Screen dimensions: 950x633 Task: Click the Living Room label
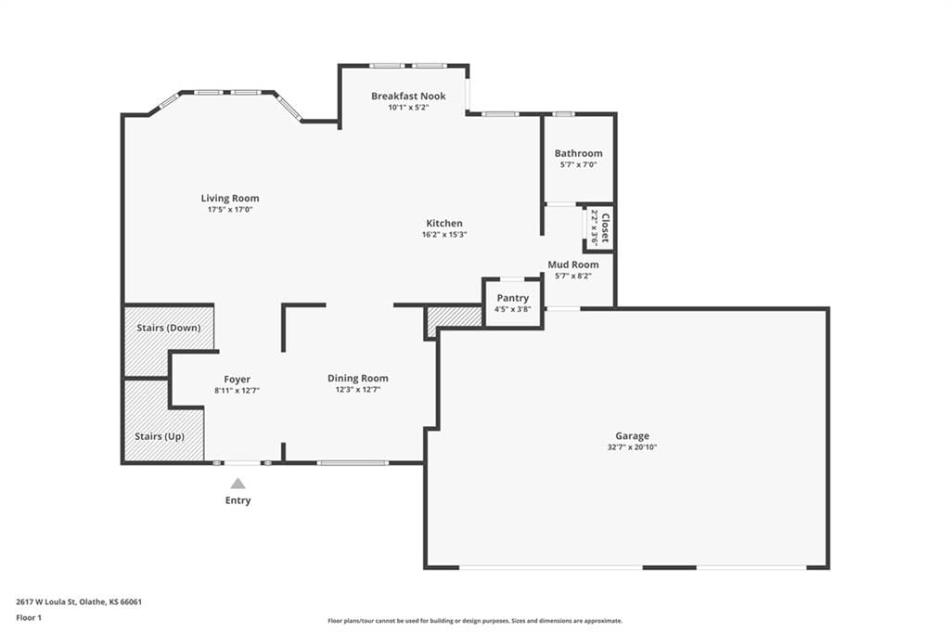coord(230,199)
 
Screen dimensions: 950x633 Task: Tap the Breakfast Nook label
coord(408,96)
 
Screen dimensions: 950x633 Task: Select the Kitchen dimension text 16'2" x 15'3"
coord(444,235)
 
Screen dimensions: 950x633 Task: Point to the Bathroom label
coord(579,153)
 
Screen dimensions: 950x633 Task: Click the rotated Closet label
coord(605,227)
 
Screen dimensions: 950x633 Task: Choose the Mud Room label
coord(573,265)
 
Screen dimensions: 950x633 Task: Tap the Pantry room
coord(512,304)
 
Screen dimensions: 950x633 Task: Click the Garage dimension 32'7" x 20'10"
coord(633,447)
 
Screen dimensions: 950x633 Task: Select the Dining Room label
coord(358,379)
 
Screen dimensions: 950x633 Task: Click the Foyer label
coord(237,380)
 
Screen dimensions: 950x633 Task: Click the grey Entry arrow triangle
coord(238,484)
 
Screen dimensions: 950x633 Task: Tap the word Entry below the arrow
coord(238,500)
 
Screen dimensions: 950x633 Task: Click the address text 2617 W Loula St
coord(45,602)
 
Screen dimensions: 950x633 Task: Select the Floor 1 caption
coord(29,618)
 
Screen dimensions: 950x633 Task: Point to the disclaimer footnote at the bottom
coord(475,621)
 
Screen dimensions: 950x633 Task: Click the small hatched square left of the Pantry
coord(455,320)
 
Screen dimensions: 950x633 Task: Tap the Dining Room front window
coord(353,463)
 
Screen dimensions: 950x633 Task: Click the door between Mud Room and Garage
coord(563,309)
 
